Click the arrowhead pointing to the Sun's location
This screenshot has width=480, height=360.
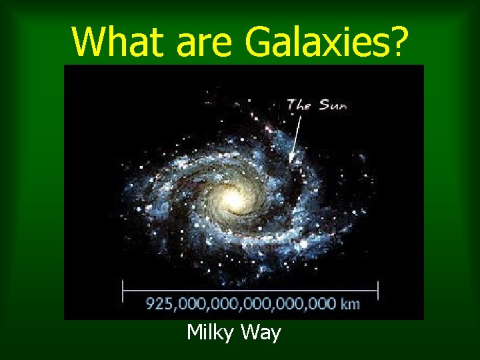tap(291, 161)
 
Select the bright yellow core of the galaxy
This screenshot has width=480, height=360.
tap(233, 197)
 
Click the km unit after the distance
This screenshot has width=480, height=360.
tap(350, 304)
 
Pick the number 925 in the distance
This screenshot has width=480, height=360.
tap(159, 304)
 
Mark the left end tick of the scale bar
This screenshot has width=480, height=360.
tap(123, 290)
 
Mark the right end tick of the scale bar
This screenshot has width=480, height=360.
tap(378, 290)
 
